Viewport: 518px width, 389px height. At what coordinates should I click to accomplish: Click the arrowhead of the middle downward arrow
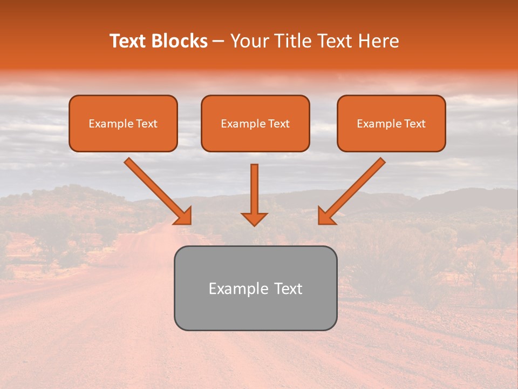point(254,218)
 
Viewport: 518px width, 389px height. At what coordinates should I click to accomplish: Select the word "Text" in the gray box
point(289,289)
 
